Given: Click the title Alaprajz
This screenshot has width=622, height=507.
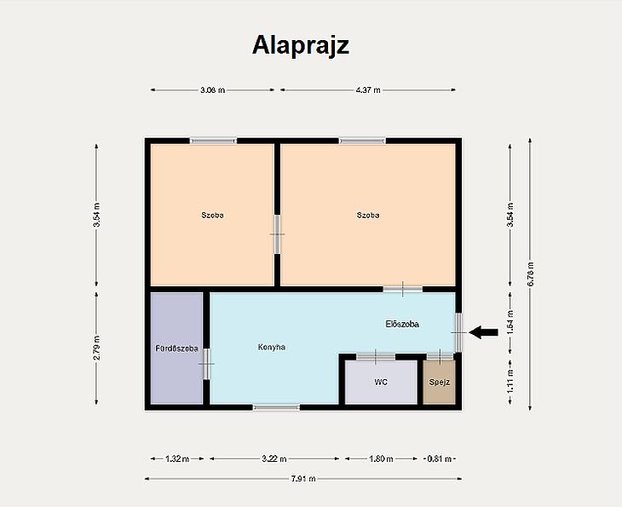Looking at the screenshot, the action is [301, 46].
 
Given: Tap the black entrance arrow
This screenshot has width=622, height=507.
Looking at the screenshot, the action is [483, 332].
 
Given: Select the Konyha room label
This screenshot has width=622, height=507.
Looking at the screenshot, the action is [272, 347].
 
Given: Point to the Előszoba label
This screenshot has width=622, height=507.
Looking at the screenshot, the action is [402, 324].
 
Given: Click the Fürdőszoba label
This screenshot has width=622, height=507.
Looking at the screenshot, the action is [177, 349].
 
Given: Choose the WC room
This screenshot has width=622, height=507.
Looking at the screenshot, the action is [381, 382].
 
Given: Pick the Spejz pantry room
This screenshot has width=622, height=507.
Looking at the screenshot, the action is [439, 382].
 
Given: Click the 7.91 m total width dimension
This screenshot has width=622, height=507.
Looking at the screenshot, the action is [303, 478].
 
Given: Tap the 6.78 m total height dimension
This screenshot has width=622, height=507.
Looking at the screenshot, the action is [530, 274].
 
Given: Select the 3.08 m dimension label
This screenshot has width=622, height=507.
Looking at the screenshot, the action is [213, 90].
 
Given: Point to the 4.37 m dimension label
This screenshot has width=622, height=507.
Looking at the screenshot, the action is [368, 90].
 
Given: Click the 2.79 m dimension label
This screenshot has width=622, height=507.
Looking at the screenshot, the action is [96, 348].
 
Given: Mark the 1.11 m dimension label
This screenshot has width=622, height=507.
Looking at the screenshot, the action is [510, 381].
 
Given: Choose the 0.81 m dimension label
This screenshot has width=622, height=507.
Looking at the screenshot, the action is [439, 459].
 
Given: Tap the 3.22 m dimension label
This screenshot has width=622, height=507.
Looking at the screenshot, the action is [274, 459].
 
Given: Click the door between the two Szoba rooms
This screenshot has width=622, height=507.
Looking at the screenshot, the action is [277, 234].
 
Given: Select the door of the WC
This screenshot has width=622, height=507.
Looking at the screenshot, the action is [376, 357].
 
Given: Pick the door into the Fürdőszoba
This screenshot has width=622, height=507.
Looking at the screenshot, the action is [207, 364].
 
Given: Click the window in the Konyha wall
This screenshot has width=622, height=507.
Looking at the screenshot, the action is [276, 407].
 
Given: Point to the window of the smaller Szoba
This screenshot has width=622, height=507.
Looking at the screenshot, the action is [213, 141].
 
